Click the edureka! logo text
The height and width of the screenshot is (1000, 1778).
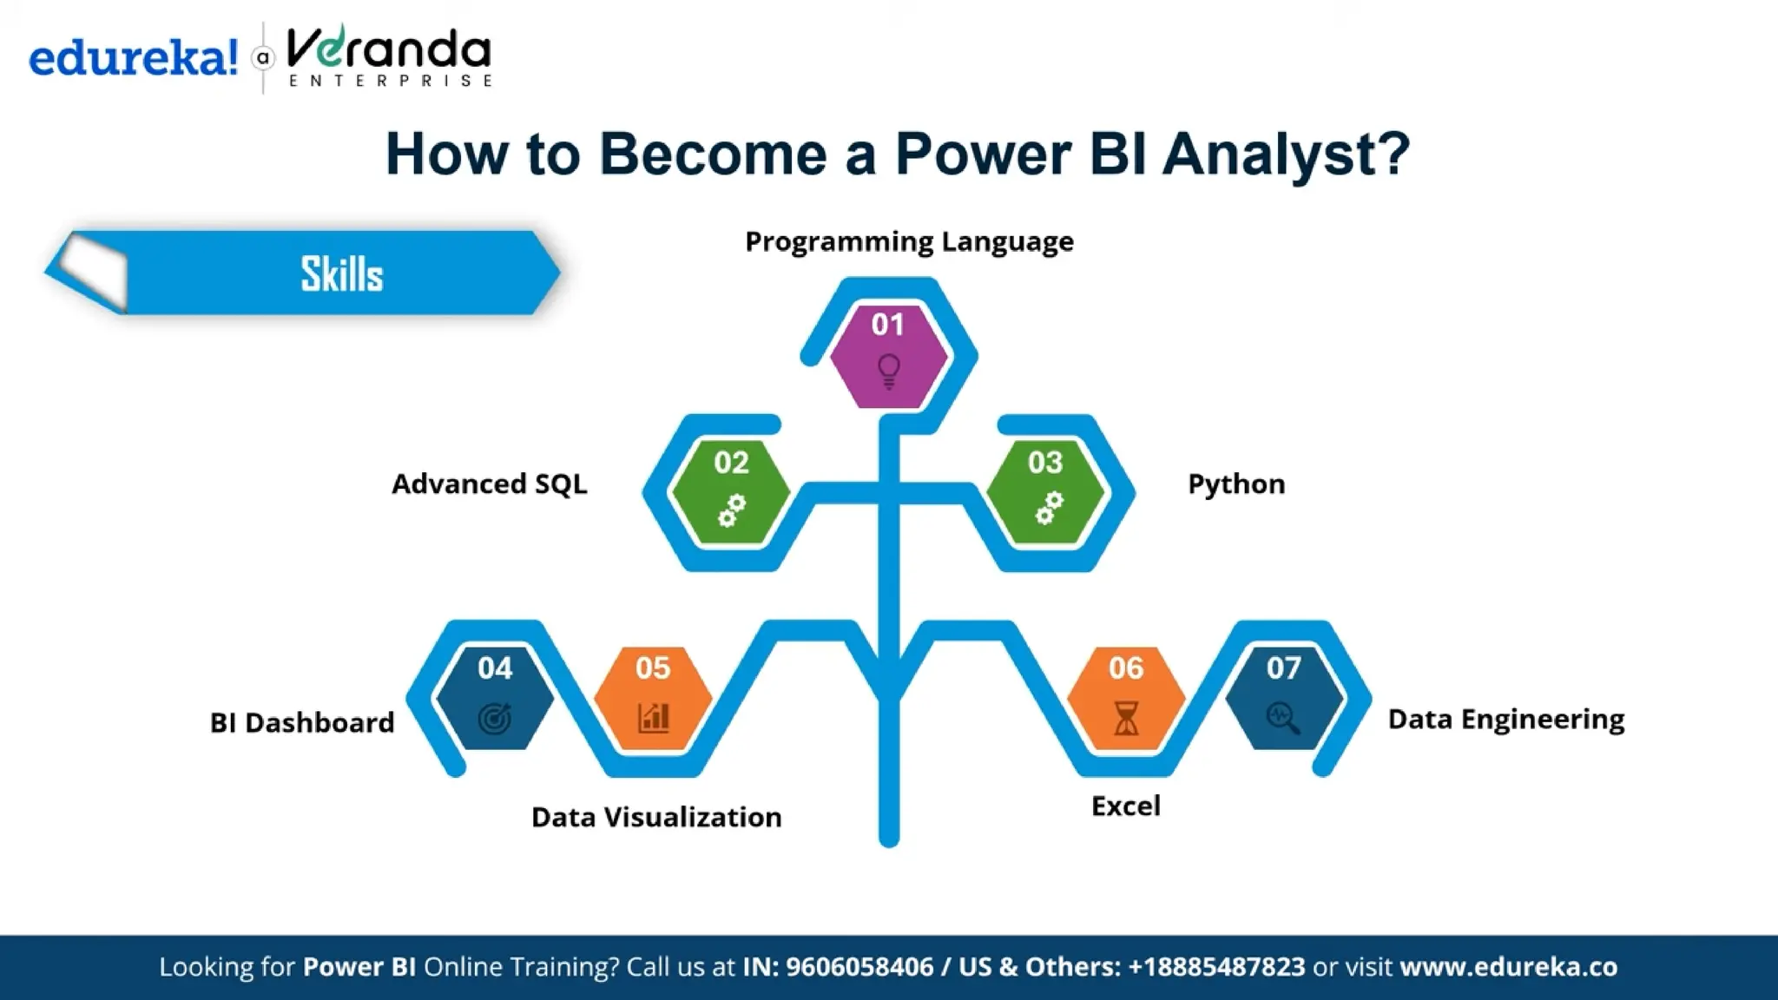click(x=133, y=59)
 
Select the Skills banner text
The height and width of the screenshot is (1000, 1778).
click(x=341, y=274)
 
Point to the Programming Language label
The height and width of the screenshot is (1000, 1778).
click(x=909, y=241)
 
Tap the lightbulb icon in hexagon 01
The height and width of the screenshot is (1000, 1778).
click(x=888, y=371)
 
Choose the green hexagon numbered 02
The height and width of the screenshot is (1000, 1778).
click(x=731, y=491)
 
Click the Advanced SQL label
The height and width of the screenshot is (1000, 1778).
click(x=489, y=484)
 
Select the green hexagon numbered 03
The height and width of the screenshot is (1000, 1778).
click(x=1045, y=491)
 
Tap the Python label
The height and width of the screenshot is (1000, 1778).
click(x=1235, y=484)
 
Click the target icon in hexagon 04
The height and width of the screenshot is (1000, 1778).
click(x=495, y=718)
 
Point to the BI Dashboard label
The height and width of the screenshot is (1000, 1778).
click(x=302, y=722)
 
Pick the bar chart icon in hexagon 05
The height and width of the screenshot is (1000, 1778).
click(x=653, y=717)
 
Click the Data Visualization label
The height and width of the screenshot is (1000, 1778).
click(x=656, y=817)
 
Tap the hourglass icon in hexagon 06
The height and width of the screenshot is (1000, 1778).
click(x=1126, y=718)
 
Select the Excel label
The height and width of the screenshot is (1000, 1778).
click(x=1125, y=806)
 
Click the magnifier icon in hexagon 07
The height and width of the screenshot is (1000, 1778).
click(x=1283, y=718)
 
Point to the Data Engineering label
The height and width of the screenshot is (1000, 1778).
click(x=1505, y=719)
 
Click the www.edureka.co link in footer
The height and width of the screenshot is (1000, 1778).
click(x=1508, y=966)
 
